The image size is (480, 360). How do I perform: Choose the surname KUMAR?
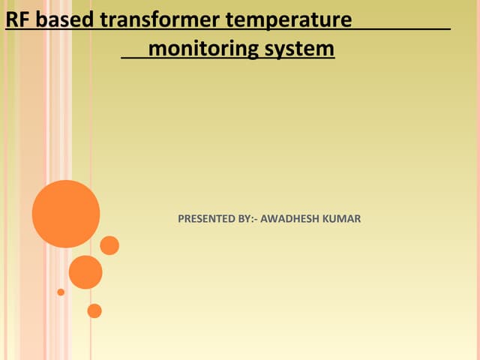(343, 219)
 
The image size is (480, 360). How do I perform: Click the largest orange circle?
(66, 214)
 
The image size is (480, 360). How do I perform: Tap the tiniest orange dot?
(61, 292)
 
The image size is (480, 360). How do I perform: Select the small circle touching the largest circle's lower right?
(109, 245)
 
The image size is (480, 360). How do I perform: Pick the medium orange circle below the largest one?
(85, 272)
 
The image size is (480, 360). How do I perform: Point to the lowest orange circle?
(94, 310)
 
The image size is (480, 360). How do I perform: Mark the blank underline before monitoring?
(135, 58)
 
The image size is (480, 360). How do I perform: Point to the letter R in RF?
(11, 19)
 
